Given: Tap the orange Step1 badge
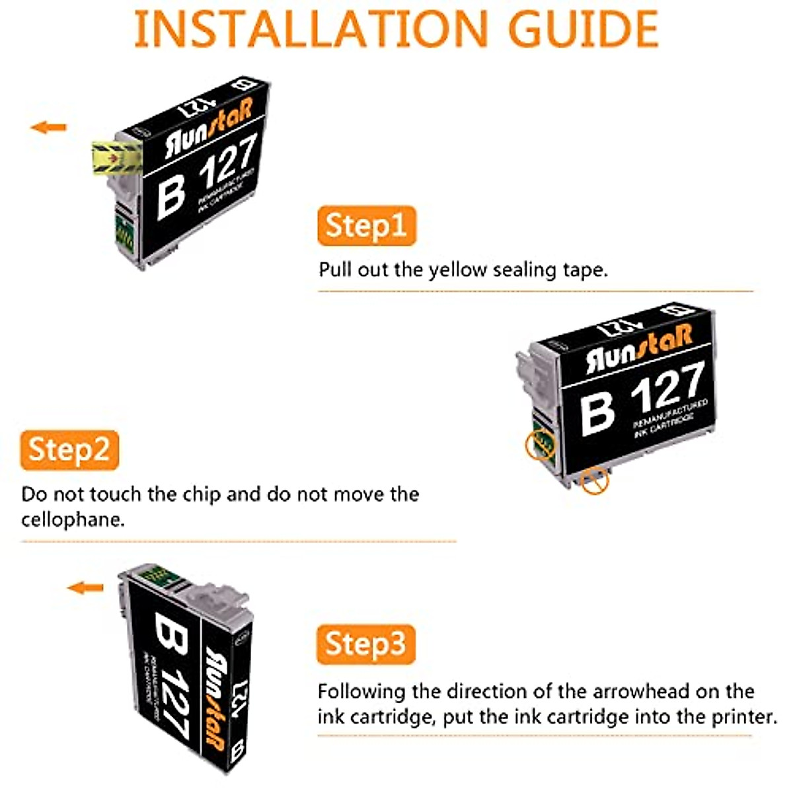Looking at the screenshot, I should tap(366, 225).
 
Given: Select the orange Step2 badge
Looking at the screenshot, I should tap(69, 450).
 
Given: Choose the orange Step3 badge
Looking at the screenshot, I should tap(365, 644).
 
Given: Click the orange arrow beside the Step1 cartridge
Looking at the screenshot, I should tap(49, 127).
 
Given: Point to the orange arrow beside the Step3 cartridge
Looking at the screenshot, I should tap(86, 587).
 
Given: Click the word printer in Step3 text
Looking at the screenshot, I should tap(743, 717).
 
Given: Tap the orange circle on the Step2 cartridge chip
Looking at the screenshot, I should tap(540, 447).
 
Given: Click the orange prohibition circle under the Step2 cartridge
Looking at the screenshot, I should tap(595, 481).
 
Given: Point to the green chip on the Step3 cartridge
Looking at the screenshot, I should tap(159, 576).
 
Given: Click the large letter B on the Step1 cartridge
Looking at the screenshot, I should tap(170, 196).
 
